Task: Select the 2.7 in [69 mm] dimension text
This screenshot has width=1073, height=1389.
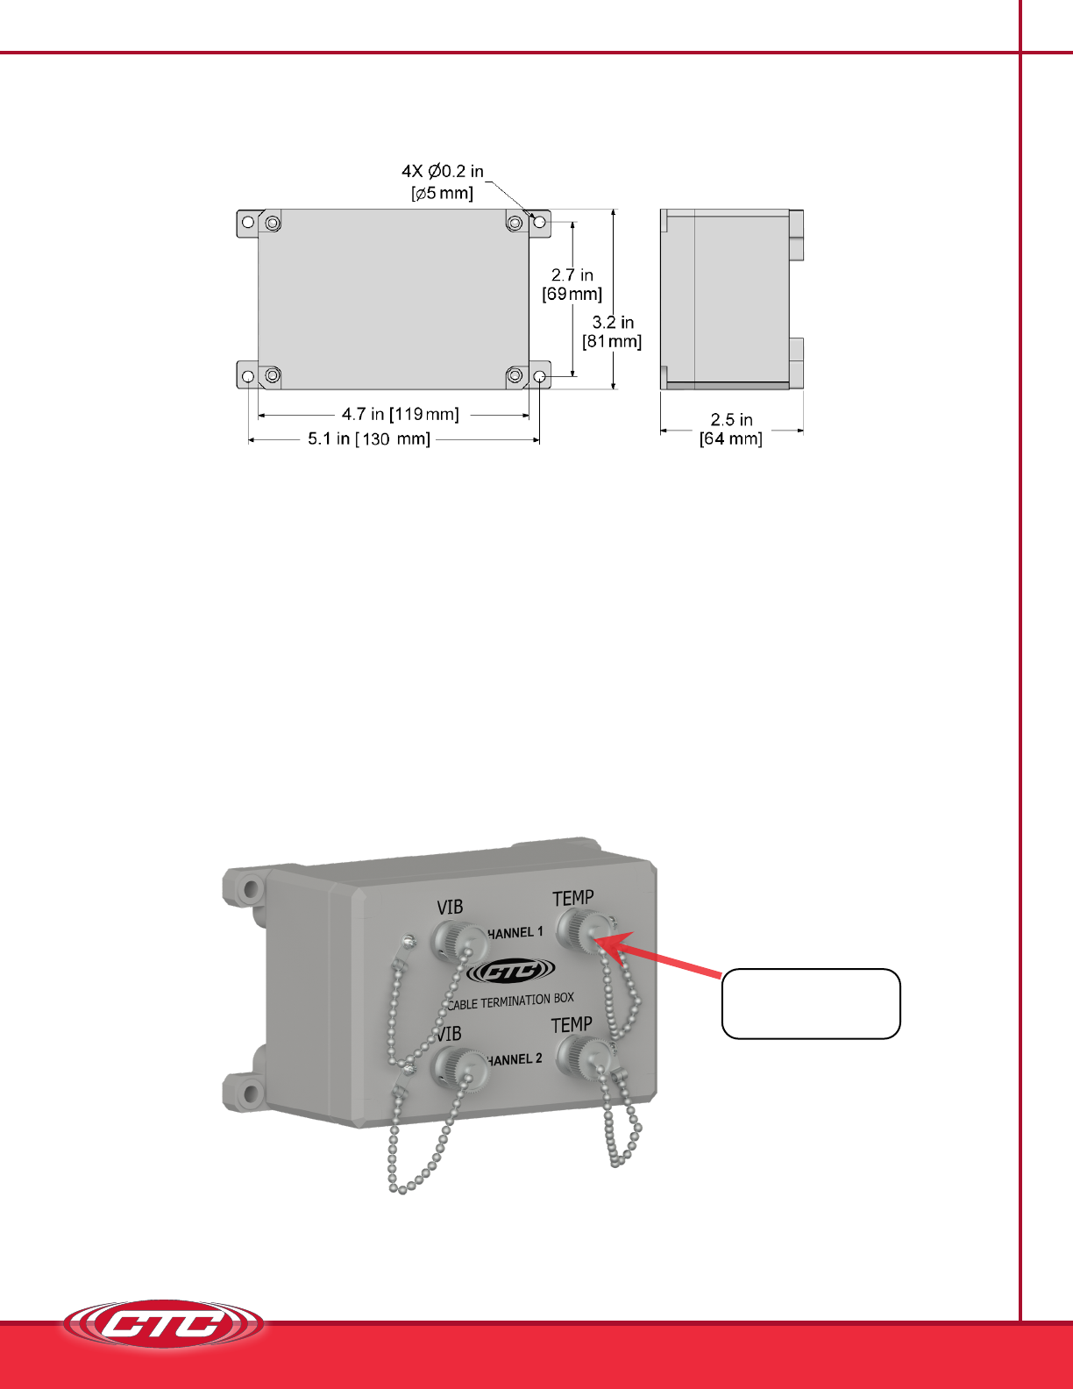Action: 572,284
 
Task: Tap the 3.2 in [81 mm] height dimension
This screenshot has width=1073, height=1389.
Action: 612,331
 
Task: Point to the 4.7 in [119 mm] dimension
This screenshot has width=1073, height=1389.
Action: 400,414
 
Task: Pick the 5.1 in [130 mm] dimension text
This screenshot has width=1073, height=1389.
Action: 369,439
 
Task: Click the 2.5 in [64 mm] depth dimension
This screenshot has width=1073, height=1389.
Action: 731,429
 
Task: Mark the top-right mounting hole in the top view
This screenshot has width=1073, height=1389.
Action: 539,222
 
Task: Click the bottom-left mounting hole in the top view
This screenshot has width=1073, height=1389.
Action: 248,376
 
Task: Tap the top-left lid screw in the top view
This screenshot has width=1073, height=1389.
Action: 273,223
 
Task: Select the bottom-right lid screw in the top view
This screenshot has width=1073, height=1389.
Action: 515,375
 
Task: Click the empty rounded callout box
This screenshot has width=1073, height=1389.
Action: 811,1004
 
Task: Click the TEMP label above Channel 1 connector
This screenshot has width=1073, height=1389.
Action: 573,898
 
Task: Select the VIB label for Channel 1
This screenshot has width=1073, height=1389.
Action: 450,907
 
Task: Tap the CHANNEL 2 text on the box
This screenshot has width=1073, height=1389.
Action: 513,1060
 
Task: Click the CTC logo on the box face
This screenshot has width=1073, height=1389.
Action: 511,972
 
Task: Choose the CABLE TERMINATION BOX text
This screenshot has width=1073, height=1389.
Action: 510,1001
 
